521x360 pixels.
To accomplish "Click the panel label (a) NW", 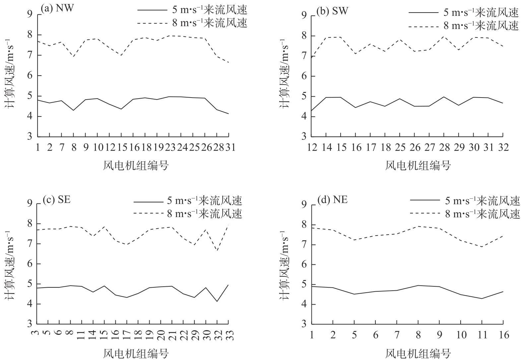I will (x=57, y=8).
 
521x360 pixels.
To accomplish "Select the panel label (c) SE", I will (x=56, y=199).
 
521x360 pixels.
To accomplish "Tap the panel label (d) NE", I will (x=332, y=200).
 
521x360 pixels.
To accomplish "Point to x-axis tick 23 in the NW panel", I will (x=169, y=147).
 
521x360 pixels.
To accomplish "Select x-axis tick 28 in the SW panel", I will (x=444, y=147).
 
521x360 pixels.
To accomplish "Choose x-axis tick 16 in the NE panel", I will (x=503, y=335).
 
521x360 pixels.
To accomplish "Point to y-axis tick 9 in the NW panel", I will (x=30, y=14).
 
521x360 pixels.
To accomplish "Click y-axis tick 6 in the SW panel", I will (x=304, y=76).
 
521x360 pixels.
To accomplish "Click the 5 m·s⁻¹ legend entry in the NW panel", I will (x=192, y=10).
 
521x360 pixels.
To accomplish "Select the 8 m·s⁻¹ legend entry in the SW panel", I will (x=463, y=26).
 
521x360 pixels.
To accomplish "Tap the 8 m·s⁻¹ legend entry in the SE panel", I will (x=188, y=213).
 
